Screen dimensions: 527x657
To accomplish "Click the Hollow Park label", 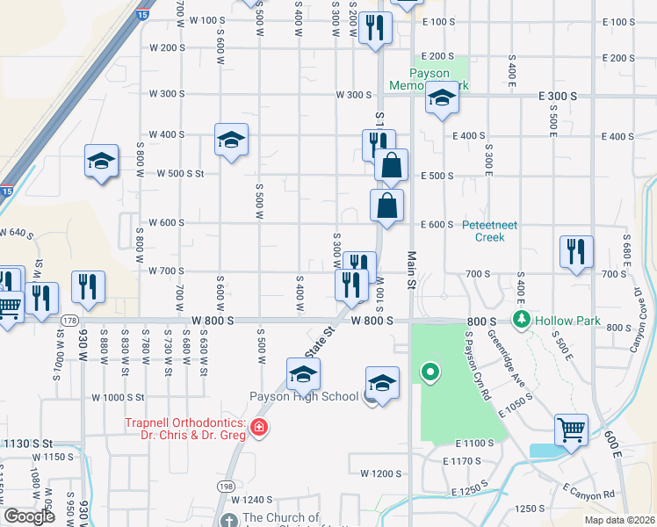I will pos(568,321).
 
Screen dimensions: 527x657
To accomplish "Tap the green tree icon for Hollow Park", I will pos(523,319).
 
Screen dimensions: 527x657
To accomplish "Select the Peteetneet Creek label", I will pos(490,230).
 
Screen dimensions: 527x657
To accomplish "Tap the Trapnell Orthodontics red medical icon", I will pos(258,429).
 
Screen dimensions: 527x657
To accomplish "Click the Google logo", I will pos(29,516).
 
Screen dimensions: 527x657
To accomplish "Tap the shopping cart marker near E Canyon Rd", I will pos(571,430).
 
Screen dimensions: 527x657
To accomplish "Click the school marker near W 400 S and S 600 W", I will pos(231,139).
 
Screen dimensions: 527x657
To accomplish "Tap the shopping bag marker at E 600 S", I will pos(386,206).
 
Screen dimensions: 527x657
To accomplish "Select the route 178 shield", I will pos(62,321).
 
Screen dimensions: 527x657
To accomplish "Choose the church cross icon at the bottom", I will pos(230,520).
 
